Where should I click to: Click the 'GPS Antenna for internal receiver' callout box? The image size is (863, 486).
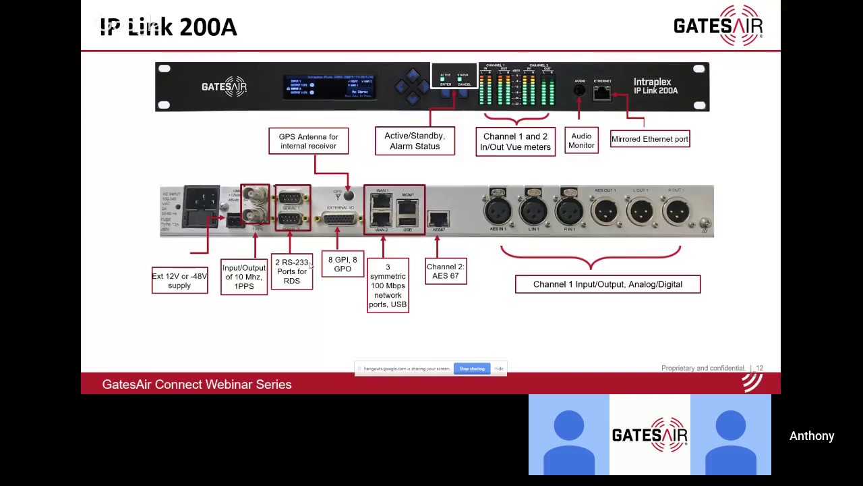[x=308, y=141]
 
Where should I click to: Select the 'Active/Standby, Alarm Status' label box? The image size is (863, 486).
[x=415, y=141]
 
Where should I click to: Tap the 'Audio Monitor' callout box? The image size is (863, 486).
[x=581, y=140]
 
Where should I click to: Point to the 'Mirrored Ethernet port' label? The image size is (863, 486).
[x=649, y=139]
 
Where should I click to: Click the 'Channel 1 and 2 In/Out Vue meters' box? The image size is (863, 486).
[x=515, y=142]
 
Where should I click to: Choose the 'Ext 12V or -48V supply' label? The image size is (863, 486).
[x=179, y=281]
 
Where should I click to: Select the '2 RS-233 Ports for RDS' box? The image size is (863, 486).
[x=291, y=271]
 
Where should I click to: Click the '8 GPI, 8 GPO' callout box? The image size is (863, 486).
[x=343, y=264]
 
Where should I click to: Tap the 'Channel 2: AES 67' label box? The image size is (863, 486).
[x=446, y=271]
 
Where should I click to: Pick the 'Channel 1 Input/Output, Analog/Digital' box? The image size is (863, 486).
[x=607, y=284]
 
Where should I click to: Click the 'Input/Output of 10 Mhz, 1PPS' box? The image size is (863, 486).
[x=243, y=277]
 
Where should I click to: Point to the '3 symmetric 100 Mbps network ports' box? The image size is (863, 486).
[x=388, y=286]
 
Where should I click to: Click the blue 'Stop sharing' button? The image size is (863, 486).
[x=472, y=369]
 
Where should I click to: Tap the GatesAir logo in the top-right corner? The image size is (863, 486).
[x=718, y=26]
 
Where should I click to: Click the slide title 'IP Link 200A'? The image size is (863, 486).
[x=169, y=27]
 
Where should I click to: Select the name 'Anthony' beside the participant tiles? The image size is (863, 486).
[x=812, y=436]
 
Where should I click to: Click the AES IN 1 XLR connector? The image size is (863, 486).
[x=498, y=211]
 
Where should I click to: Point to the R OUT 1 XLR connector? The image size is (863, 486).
[x=676, y=211]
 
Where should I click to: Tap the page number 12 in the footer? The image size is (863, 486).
[x=759, y=369]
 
